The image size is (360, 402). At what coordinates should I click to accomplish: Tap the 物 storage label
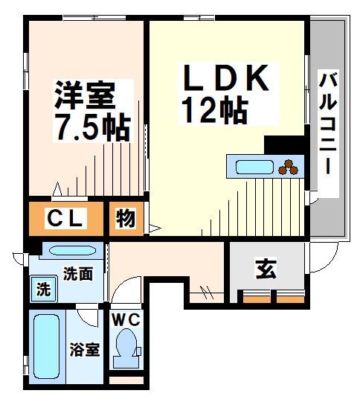pyautogui.click(x=125, y=219)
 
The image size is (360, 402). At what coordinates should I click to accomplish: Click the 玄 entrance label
pyautogui.click(x=265, y=269)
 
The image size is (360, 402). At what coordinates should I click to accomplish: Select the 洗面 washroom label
pyautogui.click(x=77, y=273)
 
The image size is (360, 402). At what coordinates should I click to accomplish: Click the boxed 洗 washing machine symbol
pyautogui.click(x=43, y=288)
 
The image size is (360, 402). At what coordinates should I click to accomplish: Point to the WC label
pyautogui.click(x=126, y=319)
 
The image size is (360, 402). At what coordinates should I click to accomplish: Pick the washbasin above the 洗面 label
pyautogui.click(x=68, y=251)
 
